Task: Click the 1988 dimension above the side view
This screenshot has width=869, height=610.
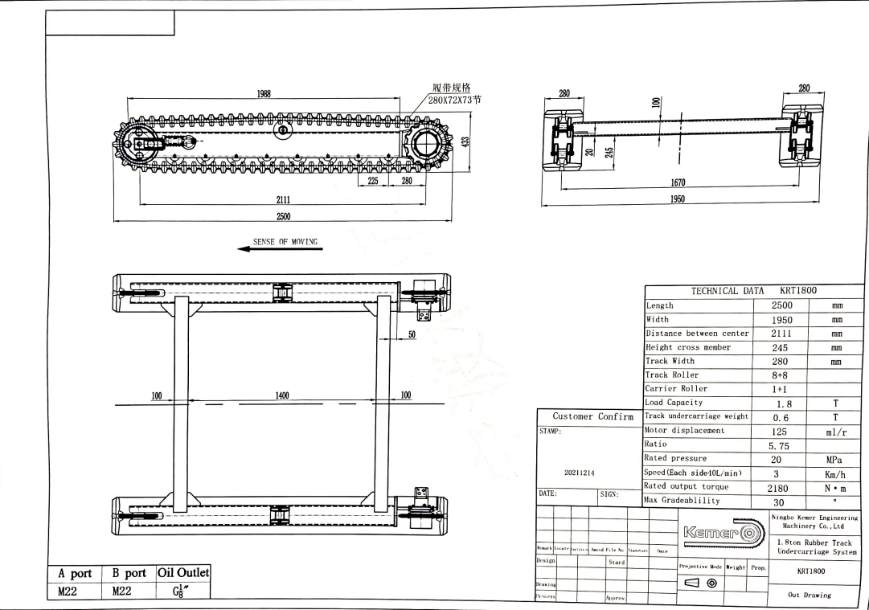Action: tap(263, 94)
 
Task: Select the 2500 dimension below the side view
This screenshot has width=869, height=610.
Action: tap(283, 215)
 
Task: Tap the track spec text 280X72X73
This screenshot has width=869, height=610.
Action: tap(454, 100)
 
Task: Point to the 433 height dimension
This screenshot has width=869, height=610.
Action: tap(465, 141)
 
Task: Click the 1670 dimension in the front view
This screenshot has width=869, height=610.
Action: tap(678, 183)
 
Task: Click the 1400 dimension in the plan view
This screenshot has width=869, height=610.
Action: tap(282, 395)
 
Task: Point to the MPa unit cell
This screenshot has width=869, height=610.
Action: tap(837, 459)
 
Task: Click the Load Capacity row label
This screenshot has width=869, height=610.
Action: tap(674, 403)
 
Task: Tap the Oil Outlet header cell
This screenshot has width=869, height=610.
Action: tap(184, 573)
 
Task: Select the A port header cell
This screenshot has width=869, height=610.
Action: tap(75, 574)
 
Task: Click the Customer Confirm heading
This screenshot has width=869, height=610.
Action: tap(592, 416)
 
